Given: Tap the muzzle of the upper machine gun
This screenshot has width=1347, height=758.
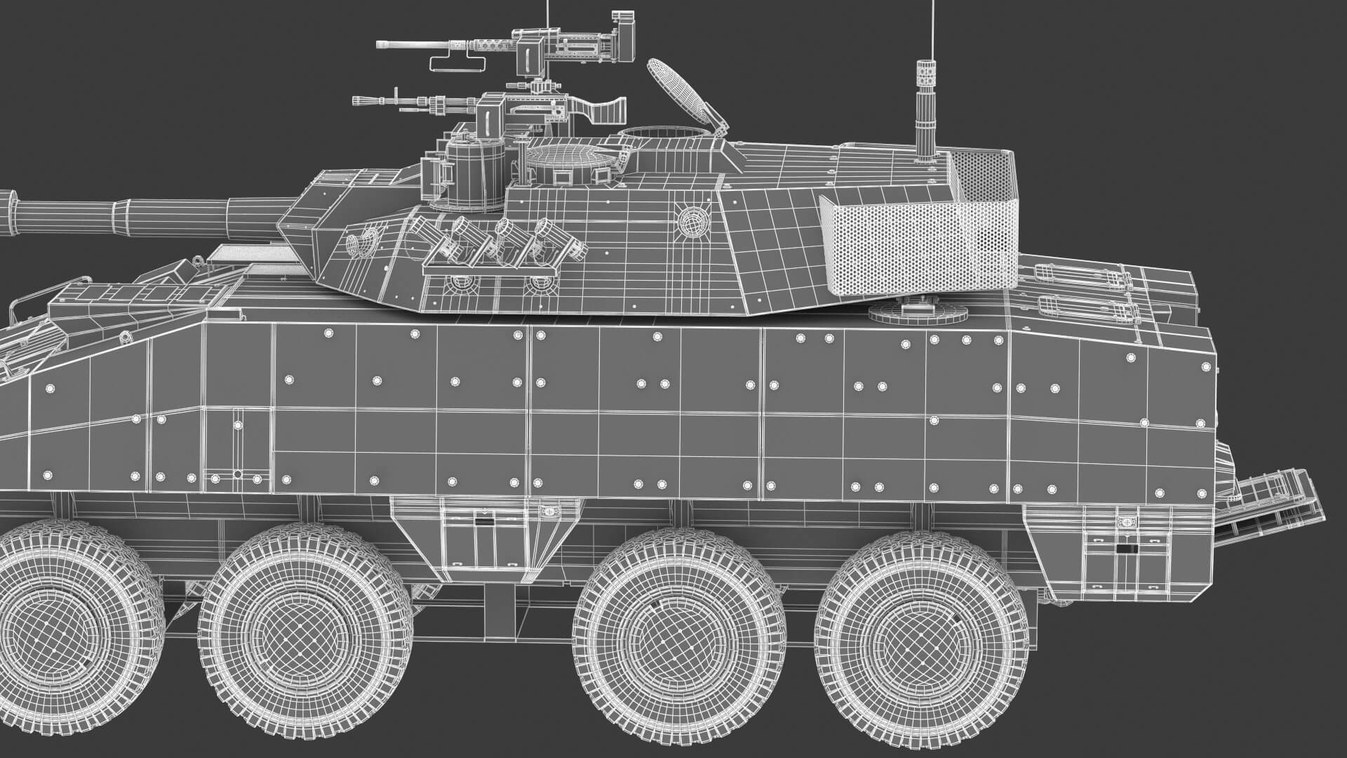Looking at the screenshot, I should [379, 44].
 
